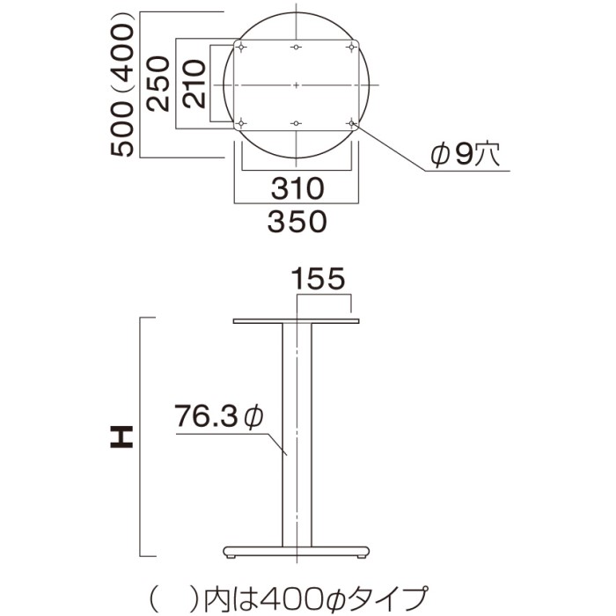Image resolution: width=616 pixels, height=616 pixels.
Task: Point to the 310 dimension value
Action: [297, 187]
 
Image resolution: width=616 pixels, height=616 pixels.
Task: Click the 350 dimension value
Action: [297, 220]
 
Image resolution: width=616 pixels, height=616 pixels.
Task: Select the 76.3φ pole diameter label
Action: [217, 414]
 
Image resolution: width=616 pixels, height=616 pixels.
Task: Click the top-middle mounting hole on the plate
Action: [297, 47]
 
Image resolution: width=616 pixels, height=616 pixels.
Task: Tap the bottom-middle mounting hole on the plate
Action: [297, 121]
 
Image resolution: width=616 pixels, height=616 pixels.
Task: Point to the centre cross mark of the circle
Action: [297, 84]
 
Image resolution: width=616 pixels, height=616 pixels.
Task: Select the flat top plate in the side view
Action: [297, 321]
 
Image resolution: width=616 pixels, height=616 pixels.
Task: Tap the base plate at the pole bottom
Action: [297, 552]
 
